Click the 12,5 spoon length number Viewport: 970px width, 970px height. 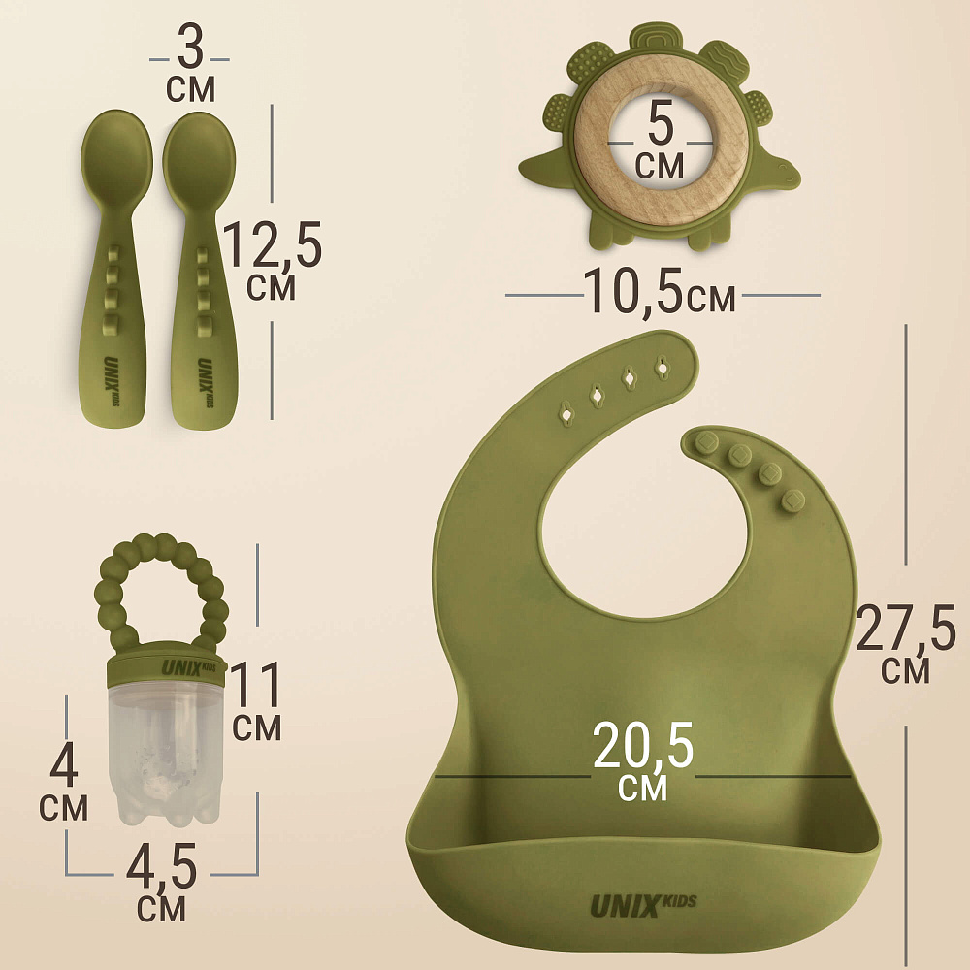273,244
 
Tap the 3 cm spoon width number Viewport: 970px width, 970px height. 190,48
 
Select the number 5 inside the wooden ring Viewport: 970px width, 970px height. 660,123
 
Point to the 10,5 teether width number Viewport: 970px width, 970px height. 632,291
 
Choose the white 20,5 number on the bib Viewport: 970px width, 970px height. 643,745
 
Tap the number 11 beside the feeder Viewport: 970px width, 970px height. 255,685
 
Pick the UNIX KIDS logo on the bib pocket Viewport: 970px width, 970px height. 643,905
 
